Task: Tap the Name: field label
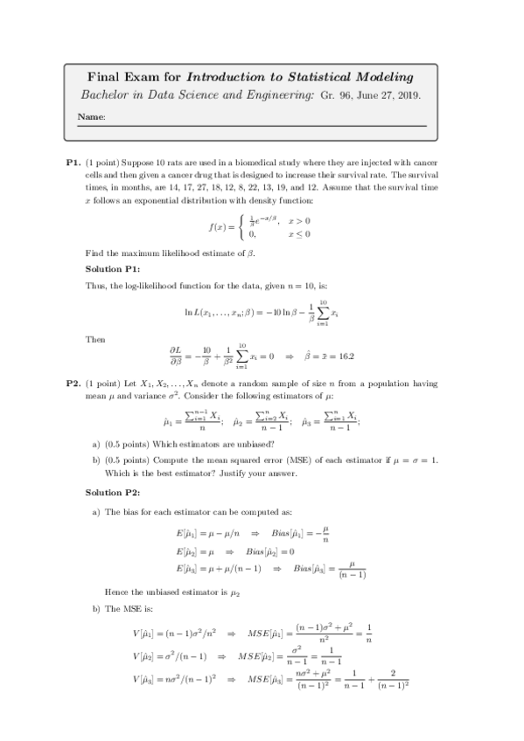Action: pyautogui.click(x=92, y=116)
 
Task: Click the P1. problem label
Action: pyautogui.click(x=73, y=163)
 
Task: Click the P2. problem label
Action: pyautogui.click(x=73, y=383)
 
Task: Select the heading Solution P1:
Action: pyautogui.click(x=119, y=268)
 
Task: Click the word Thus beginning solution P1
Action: pyautogui.click(x=96, y=286)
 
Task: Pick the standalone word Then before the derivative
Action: pyautogui.click(x=95, y=338)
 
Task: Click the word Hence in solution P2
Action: pyautogui.click(x=116, y=591)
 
